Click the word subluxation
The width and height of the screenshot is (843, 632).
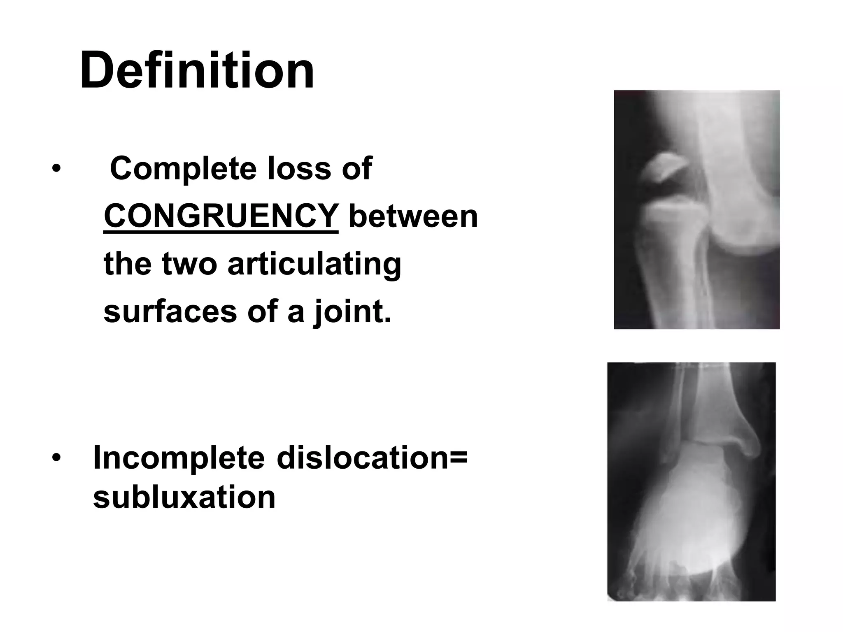click(x=184, y=497)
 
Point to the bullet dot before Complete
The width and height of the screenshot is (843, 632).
click(x=56, y=169)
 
